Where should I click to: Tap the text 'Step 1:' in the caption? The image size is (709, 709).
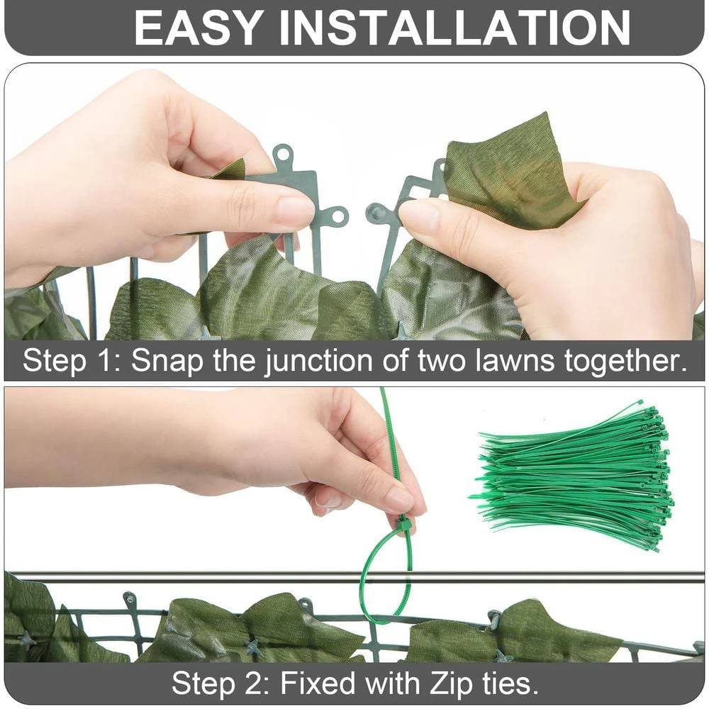(x=72, y=361)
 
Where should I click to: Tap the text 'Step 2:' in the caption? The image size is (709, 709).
(x=220, y=683)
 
